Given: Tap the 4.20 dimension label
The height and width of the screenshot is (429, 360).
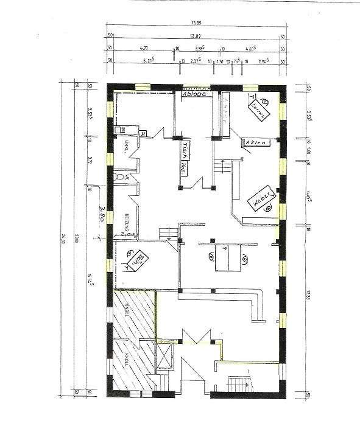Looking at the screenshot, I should click(x=144, y=47).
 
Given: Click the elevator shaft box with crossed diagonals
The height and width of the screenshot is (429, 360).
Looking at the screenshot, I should click(x=166, y=354).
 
